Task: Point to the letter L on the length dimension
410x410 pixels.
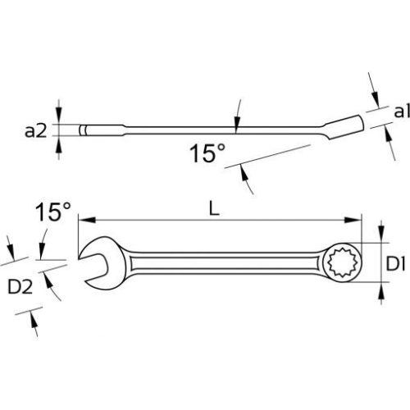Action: point(213,209)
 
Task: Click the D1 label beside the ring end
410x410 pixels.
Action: point(396,264)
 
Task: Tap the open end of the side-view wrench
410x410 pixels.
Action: point(89,130)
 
